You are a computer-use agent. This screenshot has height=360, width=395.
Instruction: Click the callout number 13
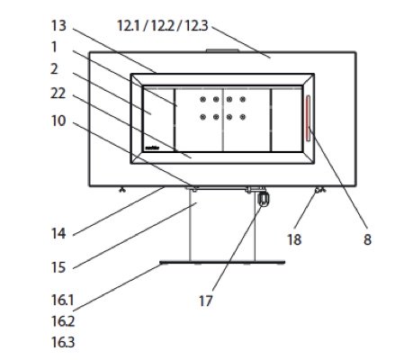[58, 25]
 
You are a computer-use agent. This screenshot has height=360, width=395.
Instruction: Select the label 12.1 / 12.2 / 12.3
[162, 25]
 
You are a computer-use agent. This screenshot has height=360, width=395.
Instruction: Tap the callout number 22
[58, 94]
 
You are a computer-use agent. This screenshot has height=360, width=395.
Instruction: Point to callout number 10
[58, 121]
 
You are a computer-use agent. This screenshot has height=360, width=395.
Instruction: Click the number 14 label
[58, 233]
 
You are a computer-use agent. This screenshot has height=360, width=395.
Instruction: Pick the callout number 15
[58, 267]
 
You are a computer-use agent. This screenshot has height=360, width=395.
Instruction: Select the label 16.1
[63, 300]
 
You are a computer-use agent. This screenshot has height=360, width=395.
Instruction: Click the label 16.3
[63, 342]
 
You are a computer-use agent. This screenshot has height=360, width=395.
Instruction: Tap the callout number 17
[206, 301]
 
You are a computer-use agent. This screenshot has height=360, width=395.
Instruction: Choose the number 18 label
[294, 239]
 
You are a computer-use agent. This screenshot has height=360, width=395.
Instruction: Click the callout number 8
[367, 239]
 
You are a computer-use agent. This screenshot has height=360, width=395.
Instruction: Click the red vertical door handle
[309, 118]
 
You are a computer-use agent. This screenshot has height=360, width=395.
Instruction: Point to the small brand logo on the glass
[152, 148]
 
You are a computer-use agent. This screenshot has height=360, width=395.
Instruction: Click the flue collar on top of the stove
[222, 51]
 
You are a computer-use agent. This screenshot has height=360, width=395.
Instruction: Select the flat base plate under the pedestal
[222, 263]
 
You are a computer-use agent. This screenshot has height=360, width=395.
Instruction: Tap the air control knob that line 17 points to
[264, 199]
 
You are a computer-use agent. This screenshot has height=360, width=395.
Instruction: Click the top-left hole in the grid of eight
[203, 99]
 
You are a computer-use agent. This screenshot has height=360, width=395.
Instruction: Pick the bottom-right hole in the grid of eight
[243, 117]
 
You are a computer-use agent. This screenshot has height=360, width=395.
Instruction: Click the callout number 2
[54, 69]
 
